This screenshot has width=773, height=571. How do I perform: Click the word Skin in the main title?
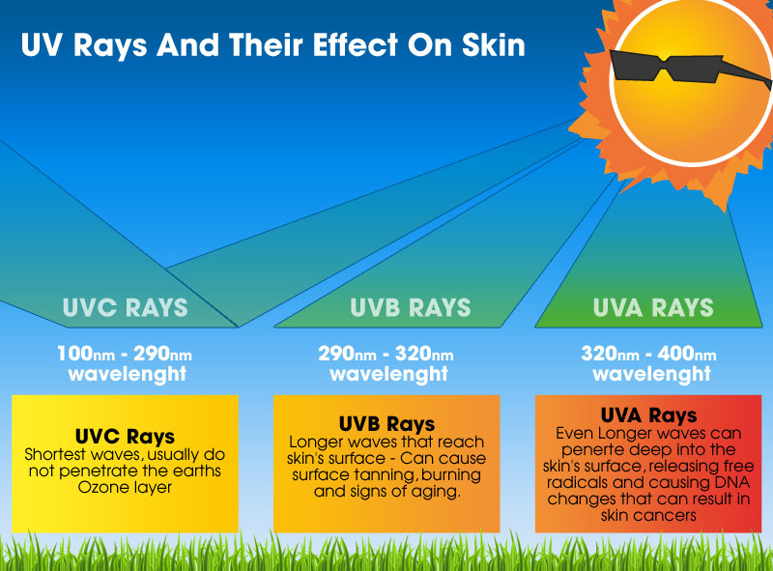click(494, 44)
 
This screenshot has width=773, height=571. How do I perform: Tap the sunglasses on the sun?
click(685, 68)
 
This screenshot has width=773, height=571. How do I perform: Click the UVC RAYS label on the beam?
click(126, 307)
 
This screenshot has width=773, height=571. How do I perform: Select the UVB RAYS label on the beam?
click(410, 307)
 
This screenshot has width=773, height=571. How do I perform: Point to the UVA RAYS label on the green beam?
click(653, 307)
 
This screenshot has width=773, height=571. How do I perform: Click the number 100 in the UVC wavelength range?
click(75, 354)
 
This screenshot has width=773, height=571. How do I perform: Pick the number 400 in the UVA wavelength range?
click(675, 354)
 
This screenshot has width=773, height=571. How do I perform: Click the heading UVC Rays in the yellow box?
click(125, 437)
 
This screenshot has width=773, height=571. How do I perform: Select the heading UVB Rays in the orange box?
click(387, 423)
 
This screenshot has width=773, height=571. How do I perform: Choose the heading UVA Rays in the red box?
click(648, 415)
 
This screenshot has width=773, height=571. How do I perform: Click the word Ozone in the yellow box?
click(99, 487)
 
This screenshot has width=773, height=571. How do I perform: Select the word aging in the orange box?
click(438, 492)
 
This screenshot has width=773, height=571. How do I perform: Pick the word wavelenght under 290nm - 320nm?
click(389, 374)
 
